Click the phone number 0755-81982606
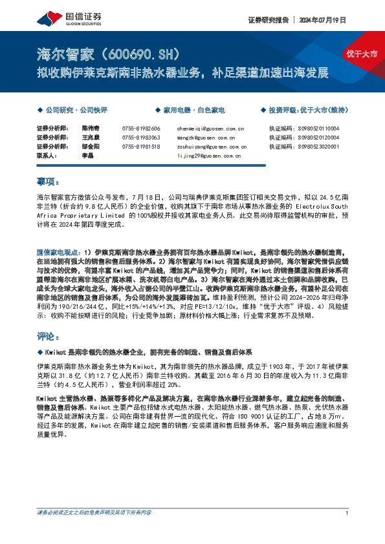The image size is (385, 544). tap(140, 129)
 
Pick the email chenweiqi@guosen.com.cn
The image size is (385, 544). tap(210, 129)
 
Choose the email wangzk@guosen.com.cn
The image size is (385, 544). tap(205, 138)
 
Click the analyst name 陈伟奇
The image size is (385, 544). tap(90, 129)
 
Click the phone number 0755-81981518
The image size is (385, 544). tap(140, 147)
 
